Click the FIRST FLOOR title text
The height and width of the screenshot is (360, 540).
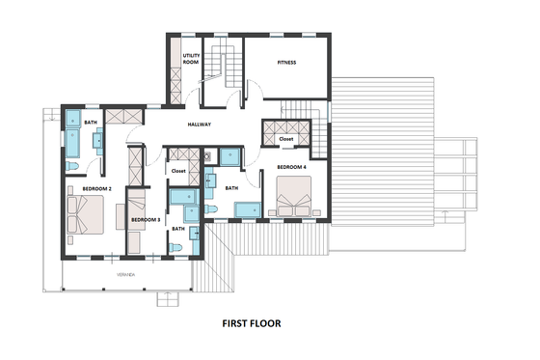(251, 324)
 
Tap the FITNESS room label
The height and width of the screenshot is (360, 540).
(286, 63)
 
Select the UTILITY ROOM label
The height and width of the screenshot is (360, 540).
(191, 59)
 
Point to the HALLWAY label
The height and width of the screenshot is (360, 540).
(199, 125)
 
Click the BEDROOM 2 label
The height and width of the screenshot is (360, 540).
(96, 188)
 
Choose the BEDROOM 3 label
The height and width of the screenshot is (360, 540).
(145, 220)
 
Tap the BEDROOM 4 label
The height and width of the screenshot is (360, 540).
(291, 168)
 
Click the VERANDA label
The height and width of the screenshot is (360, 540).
(126, 275)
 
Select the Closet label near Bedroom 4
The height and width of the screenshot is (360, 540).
(286, 139)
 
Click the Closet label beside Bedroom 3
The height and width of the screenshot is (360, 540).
(177, 171)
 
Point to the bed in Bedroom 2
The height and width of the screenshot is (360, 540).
(84, 213)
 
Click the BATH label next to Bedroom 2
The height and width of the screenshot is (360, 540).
(90, 123)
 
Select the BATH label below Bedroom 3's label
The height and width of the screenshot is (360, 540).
(178, 228)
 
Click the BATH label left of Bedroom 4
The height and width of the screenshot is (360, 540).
(231, 188)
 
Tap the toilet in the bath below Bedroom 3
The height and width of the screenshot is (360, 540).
(175, 247)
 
